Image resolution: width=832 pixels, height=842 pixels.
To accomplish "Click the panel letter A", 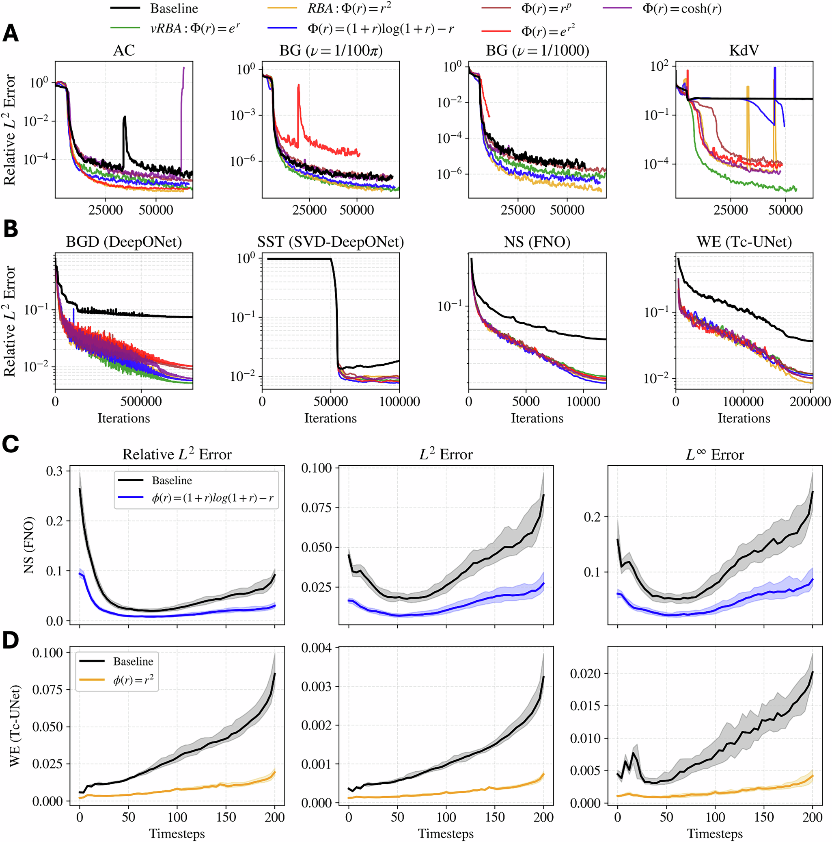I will tap(11, 33).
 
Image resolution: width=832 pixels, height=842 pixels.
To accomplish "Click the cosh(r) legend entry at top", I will tap(682, 8).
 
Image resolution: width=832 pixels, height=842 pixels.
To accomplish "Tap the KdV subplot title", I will tap(744, 50).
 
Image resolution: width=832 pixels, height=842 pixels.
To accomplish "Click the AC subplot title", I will tap(124, 50).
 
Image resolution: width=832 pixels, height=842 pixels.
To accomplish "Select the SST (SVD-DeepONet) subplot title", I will tap(330, 242).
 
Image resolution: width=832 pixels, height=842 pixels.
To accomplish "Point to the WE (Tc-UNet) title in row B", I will tap(744, 242).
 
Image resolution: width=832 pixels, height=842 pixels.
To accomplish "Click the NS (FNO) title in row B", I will tap(537, 242).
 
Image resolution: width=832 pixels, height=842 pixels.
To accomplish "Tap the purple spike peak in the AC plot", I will tap(184, 68).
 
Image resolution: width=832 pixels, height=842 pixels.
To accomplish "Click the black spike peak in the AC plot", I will tap(125, 117).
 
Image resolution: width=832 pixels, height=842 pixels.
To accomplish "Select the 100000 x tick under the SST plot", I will tap(399, 401).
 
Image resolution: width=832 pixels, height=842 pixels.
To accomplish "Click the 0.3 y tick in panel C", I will tap(54, 471).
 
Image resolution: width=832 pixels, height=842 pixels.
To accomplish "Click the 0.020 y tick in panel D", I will tap(586, 674).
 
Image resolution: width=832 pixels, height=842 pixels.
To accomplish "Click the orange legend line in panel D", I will tap(92, 680).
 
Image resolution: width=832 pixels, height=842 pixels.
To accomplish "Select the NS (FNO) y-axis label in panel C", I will tap(29, 545).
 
